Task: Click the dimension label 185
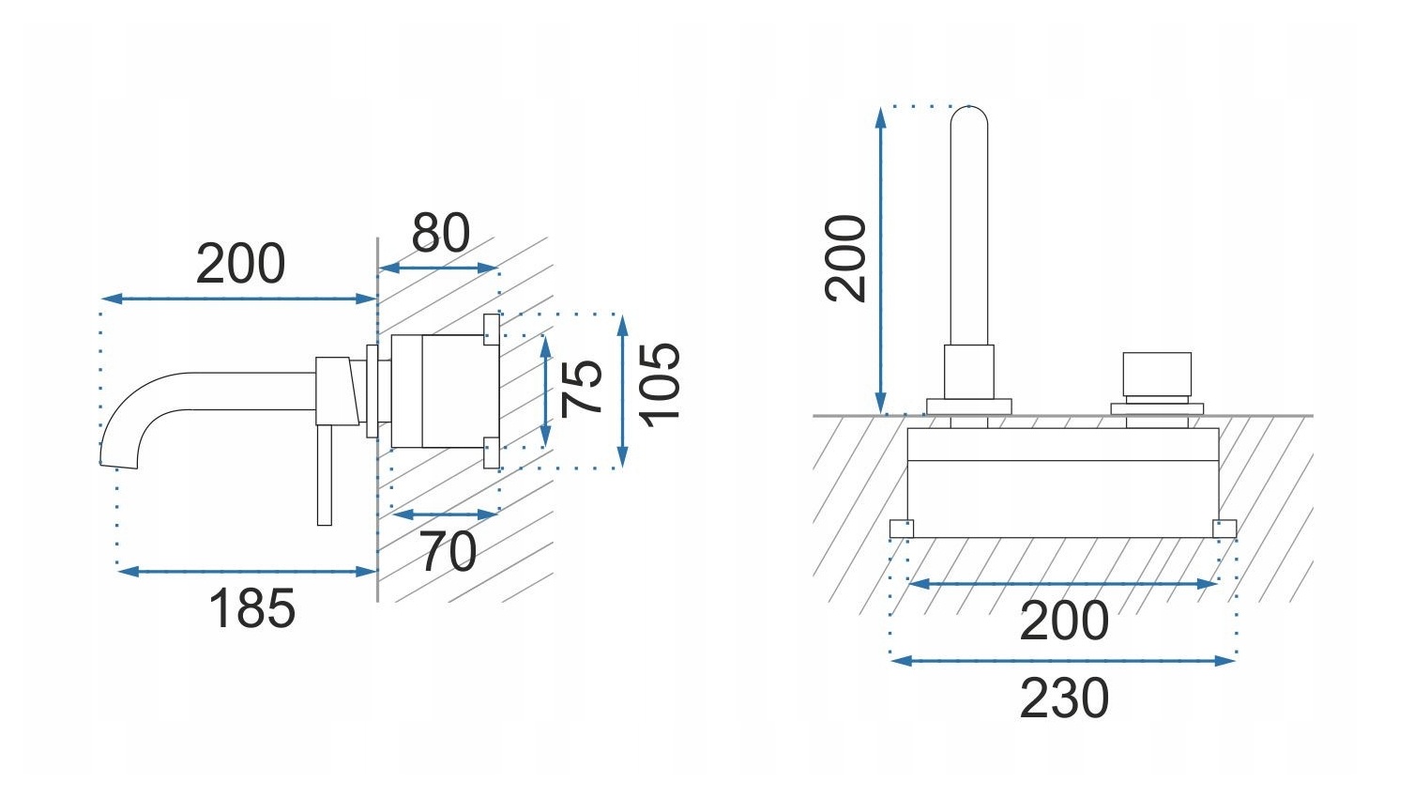tap(251, 608)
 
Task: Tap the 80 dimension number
tap(441, 233)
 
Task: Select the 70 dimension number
tap(448, 551)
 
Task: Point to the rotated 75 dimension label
tap(582, 387)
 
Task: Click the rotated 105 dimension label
tap(660, 384)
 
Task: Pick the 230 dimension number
tap(1064, 698)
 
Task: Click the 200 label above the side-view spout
tap(240, 264)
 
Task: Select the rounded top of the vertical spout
tap(969, 117)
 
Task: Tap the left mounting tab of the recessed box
tap(902, 529)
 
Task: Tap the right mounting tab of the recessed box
tap(1224, 529)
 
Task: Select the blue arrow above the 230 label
tap(1063, 661)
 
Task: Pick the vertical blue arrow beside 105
tap(621, 391)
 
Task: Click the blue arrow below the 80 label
tap(438, 269)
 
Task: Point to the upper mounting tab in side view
tap(491, 327)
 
